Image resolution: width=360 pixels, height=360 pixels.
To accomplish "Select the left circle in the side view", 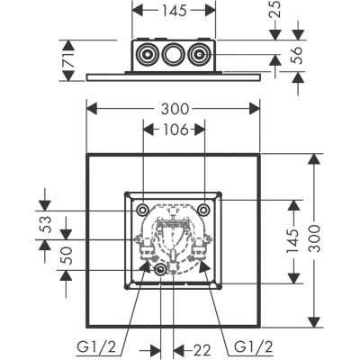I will pos(148,53).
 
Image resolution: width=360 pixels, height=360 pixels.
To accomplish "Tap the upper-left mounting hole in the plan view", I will pos(143,210).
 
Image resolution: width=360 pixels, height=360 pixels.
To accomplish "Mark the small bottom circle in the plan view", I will pos(160,271).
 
